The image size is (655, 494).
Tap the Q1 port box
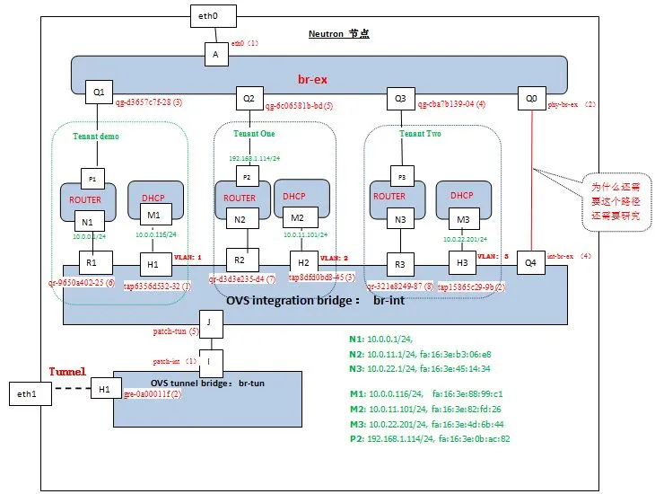(98, 92)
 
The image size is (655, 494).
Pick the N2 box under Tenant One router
(240, 219)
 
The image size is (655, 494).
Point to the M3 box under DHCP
(463, 220)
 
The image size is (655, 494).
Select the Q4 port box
(530, 262)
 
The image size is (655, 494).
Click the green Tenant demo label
(96, 136)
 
